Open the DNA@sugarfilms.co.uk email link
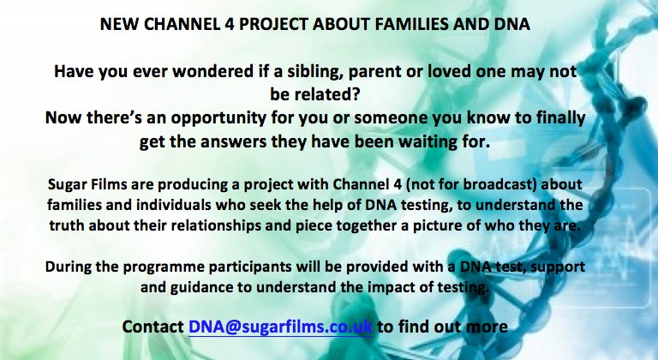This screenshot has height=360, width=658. [x=280, y=327]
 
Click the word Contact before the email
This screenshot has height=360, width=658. [x=153, y=327]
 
